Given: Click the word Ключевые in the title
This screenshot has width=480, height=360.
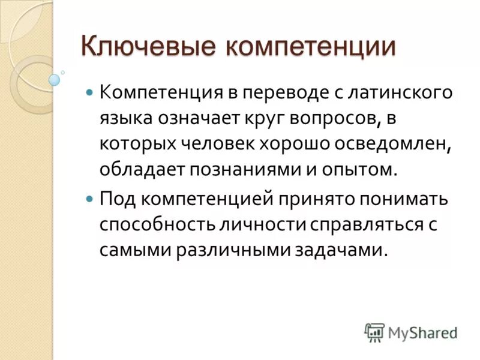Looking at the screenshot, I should tap(145, 46).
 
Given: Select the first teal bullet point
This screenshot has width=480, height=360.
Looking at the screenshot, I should tap(90, 94).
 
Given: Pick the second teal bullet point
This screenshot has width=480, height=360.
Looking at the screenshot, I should tap(90, 197).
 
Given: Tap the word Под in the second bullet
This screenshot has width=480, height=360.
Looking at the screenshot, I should tap(116, 197).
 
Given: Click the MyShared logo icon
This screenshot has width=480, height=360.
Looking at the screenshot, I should tap(374, 331).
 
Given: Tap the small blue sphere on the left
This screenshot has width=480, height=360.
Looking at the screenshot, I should tap(55, 79).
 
